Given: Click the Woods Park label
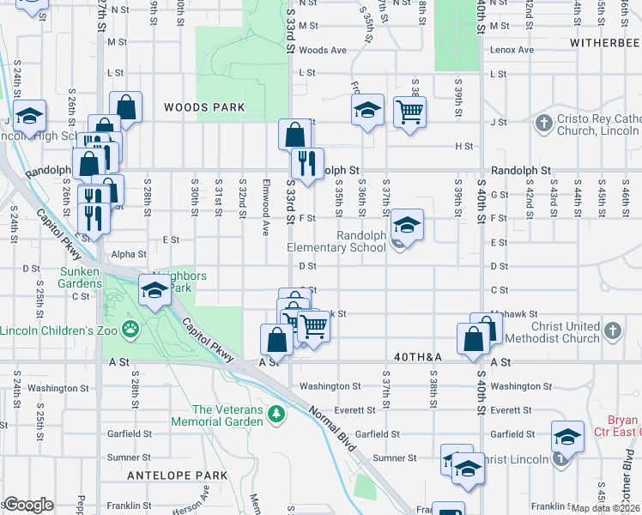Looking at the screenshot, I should pyautogui.click(x=204, y=107).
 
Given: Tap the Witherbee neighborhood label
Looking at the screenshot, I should pyautogui.click(x=602, y=41).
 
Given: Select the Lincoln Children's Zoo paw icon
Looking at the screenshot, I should pyautogui.click(x=130, y=327).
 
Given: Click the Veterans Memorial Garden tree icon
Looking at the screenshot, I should pyautogui.click(x=276, y=415).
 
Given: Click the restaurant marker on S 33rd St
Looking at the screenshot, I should pyautogui.click(x=305, y=161).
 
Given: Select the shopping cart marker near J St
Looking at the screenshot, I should pyautogui.click(x=409, y=112).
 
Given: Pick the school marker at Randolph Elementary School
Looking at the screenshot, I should pyautogui.click(x=406, y=227).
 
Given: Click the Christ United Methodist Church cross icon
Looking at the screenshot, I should pyautogui.click(x=611, y=330).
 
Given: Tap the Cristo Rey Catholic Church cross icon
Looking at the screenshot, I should pyautogui.click(x=542, y=123).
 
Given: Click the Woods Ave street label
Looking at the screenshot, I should pyautogui.click(x=323, y=51).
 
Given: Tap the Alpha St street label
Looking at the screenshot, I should pyautogui.click(x=129, y=254).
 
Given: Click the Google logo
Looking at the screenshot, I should pyautogui.click(x=28, y=505).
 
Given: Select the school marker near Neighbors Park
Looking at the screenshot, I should pyautogui.click(x=154, y=292).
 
